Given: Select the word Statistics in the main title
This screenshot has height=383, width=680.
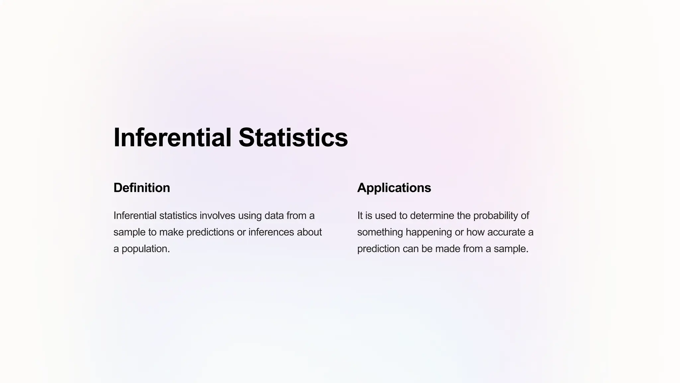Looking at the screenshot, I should (293, 137).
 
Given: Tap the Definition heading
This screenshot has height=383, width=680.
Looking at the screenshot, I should (142, 188).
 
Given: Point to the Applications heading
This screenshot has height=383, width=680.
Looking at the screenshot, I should (394, 188).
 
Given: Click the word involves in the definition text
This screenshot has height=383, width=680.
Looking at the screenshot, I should (217, 215).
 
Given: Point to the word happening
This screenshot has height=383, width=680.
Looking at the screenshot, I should (429, 232).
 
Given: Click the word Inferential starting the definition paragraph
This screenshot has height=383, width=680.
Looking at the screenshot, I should (135, 215).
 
